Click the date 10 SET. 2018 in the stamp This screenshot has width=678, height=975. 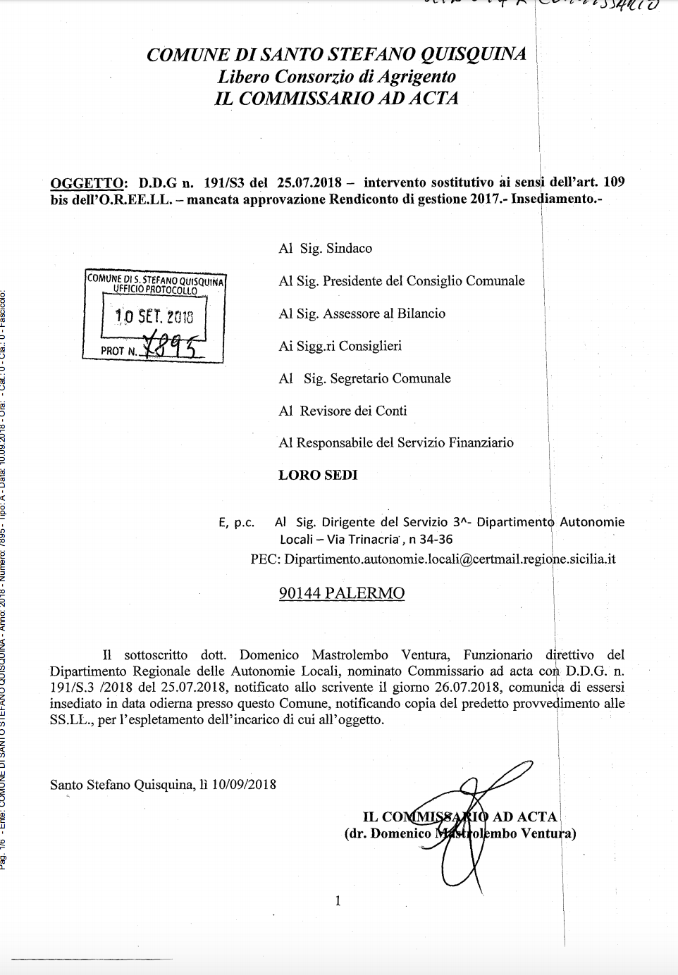click(x=154, y=317)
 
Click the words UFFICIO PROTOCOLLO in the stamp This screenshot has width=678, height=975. click(x=155, y=290)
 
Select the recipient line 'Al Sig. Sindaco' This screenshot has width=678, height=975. click(x=325, y=248)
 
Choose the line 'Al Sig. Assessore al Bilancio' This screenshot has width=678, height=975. click(x=362, y=313)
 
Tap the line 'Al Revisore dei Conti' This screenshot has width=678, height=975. click(x=343, y=411)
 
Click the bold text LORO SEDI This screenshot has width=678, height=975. click(x=318, y=475)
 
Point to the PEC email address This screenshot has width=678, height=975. click(x=450, y=559)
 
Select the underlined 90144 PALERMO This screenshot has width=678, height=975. click(x=342, y=593)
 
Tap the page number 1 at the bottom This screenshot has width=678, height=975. click(x=338, y=900)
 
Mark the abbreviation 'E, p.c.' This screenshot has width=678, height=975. click(x=236, y=523)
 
